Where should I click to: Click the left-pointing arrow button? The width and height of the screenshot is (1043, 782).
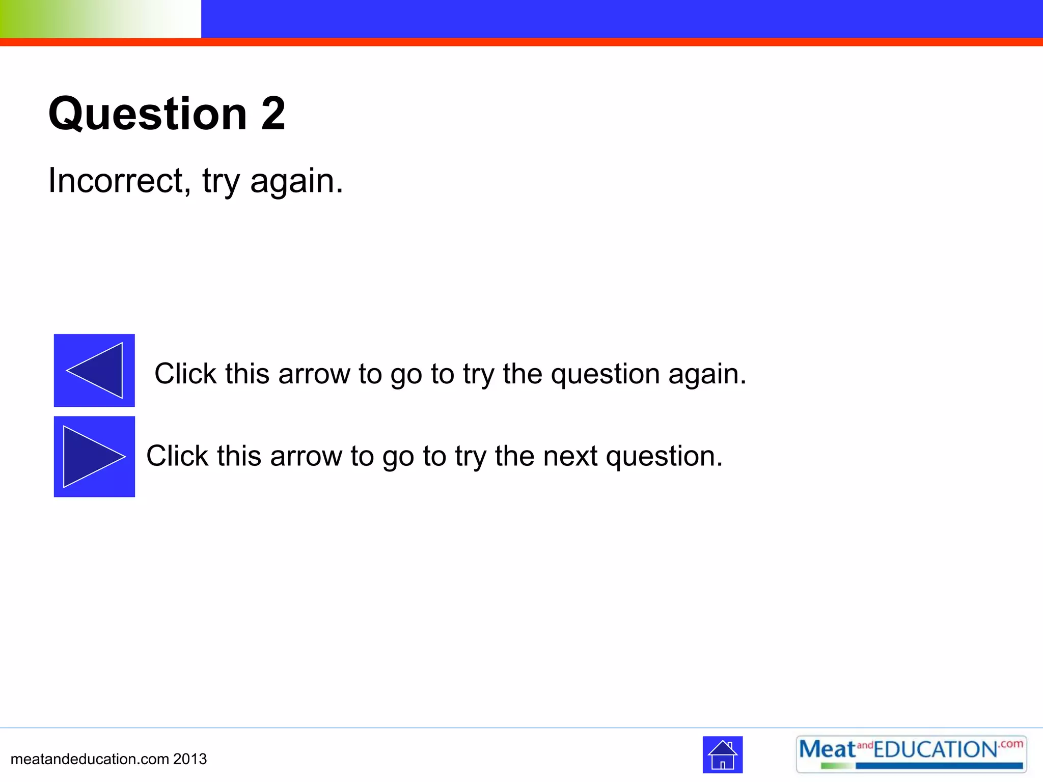point(94,370)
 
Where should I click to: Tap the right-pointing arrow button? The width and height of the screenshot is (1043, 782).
point(94,457)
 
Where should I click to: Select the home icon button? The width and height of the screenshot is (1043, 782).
point(722,755)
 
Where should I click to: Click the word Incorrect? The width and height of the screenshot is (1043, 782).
point(119,181)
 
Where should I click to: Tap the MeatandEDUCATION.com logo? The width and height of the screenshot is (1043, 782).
point(911,754)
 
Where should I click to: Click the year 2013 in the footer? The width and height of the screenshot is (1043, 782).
point(190,759)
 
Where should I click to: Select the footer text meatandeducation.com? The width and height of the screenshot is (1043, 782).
point(90,759)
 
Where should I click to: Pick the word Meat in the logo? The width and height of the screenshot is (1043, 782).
point(827,749)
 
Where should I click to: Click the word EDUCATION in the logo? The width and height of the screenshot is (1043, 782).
point(935,750)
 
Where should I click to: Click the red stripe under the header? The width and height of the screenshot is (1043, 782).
point(521,42)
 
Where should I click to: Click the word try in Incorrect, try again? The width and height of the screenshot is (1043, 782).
point(220,182)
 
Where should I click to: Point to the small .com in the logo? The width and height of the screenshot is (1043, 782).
point(1011,744)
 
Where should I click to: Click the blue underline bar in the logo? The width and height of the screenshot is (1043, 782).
point(939,766)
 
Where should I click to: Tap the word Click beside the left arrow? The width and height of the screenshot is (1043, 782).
point(186,374)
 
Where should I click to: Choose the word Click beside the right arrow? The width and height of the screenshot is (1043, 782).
point(177,456)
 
